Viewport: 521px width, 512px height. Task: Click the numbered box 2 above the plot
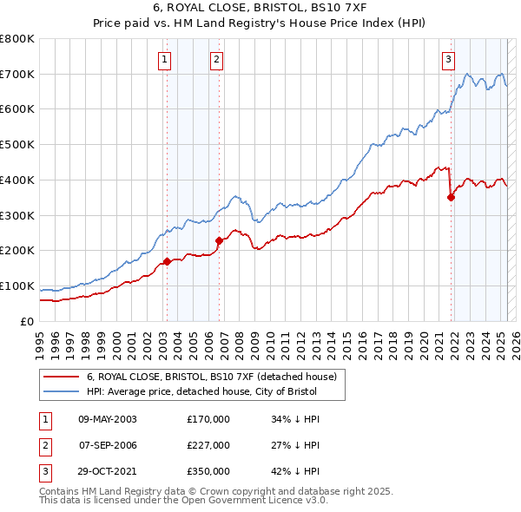216,60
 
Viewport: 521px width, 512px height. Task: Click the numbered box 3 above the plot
448,60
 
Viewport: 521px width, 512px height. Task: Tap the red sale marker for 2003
167,261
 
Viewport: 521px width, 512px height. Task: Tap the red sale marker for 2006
219,241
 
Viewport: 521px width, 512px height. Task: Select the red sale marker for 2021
452,197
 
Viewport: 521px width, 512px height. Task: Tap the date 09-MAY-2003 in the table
108,419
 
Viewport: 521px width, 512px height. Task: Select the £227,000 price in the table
208,445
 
